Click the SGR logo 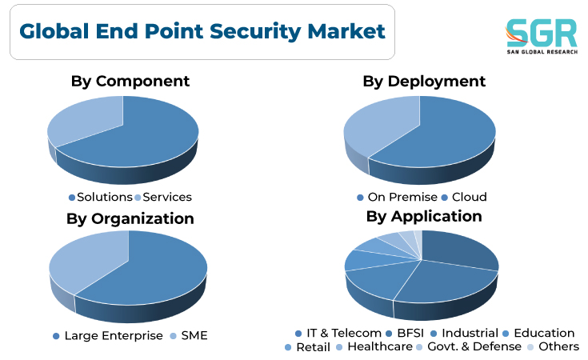click(x=542, y=36)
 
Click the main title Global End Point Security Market click(x=202, y=31)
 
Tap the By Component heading click(x=130, y=82)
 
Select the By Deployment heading click(x=424, y=82)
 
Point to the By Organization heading click(x=130, y=218)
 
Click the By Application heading click(x=424, y=216)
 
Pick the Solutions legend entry click(x=101, y=198)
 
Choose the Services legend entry click(x=163, y=198)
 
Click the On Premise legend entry click(x=397, y=198)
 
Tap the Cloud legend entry click(x=464, y=198)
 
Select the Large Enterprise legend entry click(x=108, y=336)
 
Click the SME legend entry click(x=189, y=336)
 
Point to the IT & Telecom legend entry click(x=338, y=333)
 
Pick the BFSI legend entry click(x=405, y=333)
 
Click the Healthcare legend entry click(x=374, y=347)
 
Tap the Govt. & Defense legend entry click(x=469, y=347)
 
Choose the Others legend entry click(x=553, y=347)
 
